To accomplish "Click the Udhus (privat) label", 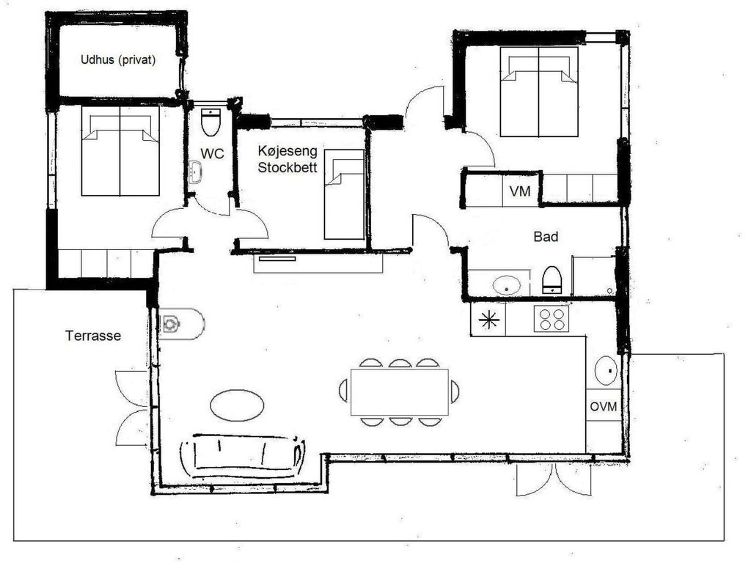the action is coord(118,60).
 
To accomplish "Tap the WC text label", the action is coord(212,154).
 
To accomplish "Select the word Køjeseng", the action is coord(287,152).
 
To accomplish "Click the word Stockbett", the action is coord(287,168).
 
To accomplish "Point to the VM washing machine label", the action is coord(520,191).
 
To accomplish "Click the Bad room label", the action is coord(546,237).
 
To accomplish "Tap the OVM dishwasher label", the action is coord(604,406).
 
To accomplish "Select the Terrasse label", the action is coord(93,336).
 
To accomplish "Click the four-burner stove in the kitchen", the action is coord(552,319).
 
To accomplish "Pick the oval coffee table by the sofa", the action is coord(237,405).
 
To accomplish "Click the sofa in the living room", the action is coord(243,456).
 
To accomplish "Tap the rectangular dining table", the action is coord(400,392).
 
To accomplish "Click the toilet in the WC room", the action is coord(210,122).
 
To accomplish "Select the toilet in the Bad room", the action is coord(552,280).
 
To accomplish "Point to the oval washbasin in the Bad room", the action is coord(507,286).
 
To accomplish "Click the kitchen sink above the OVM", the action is coord(606,370).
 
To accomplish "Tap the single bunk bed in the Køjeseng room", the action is coord(344,194).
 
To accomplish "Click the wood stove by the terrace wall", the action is coord(181,324).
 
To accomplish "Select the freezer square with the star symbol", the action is coord(488,320).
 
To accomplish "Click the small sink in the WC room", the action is coord(195,172).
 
